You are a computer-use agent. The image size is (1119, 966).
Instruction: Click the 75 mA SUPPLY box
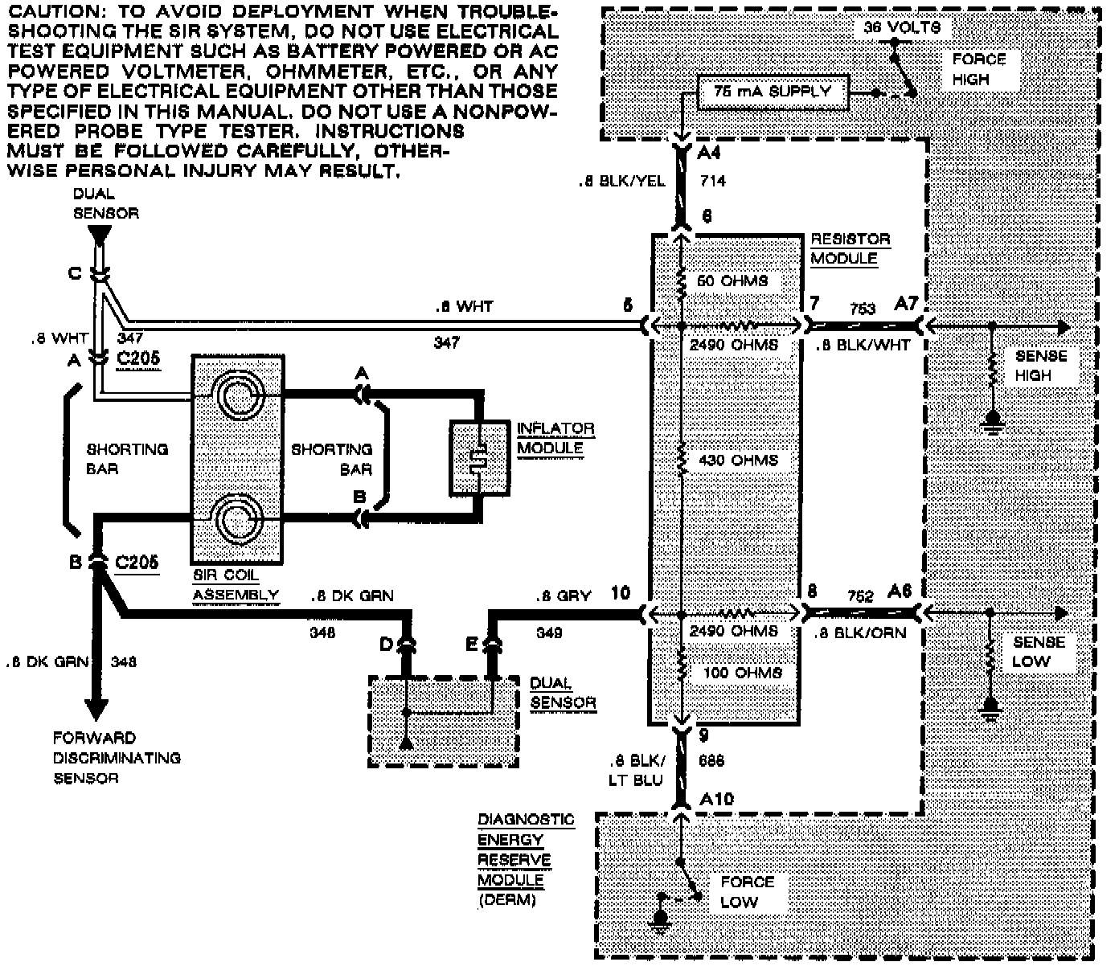point(771,92)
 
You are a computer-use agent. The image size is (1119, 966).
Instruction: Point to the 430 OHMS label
point(738,460)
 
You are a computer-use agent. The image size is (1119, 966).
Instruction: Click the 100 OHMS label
point(741,672)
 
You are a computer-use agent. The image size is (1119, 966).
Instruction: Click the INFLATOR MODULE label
point(555,438)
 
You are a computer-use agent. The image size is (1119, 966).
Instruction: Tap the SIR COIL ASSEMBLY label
point(236,585)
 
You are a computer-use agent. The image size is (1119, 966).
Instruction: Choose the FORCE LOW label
point(747,891)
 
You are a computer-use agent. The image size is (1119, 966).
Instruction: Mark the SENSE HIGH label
point(1040,366)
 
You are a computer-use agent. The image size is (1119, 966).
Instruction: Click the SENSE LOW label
point(1038,652)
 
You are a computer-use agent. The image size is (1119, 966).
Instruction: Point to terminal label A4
point(710,153)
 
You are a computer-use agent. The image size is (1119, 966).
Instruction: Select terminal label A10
point(717,800)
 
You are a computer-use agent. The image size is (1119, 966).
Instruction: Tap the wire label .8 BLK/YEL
point(621,182)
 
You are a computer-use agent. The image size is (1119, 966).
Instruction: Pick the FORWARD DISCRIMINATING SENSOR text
point(117,757)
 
